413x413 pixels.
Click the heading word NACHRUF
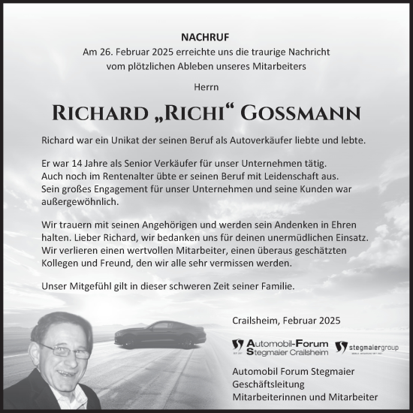(x=206, y=35)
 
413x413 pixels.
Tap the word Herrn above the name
(x=206, y=88)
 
